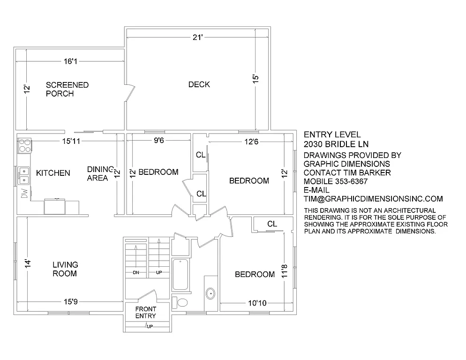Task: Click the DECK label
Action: [199, 84]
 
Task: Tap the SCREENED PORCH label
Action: [67, 89]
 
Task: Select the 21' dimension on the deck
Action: [197, 37]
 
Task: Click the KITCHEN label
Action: [53, 173]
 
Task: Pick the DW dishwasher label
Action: [23, 192]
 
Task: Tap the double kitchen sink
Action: [23, 176]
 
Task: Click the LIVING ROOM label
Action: [65, 269]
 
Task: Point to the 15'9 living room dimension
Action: [70, 302]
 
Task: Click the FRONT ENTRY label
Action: [145, 312]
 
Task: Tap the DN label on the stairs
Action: [136, 272]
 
